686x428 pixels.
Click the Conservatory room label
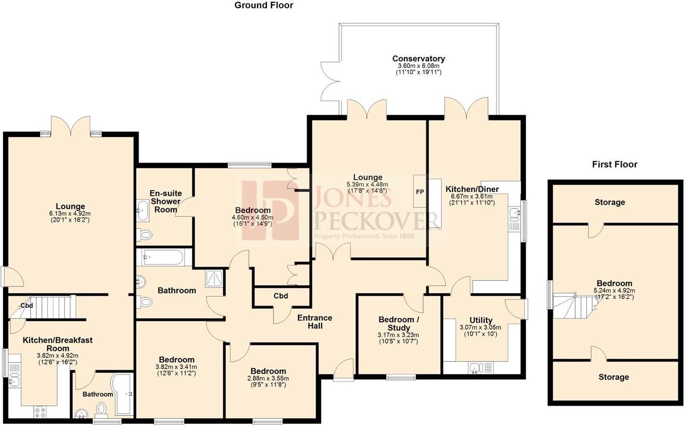coord(418,59)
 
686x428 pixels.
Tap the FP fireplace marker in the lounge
coord(420,192)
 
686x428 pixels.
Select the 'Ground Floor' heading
coord(263,5)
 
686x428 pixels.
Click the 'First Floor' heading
coord(614,164)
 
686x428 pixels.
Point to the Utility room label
coord(480,320)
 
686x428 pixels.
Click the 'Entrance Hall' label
coord(315,322)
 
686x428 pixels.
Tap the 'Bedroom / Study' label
coord(399,323)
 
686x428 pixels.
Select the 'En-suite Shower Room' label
coord(166,201)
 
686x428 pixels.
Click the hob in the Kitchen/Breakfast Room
coord(40,412)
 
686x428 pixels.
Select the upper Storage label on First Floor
coord(609,202)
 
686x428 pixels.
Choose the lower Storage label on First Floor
coord(613,377)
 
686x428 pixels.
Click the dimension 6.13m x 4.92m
coord(70,214)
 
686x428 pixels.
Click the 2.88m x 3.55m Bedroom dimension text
coord(268,378)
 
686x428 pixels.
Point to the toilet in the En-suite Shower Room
coord(145,235)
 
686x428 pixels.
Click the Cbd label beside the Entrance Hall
coord(281,296)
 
